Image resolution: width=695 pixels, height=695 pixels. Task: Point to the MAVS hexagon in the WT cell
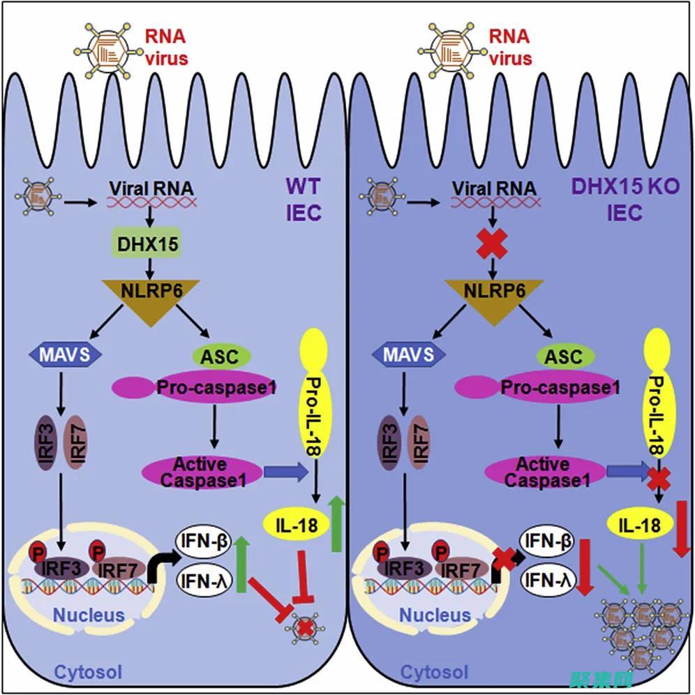(67, 354)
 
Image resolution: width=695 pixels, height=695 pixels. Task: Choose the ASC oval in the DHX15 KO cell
(562, 357)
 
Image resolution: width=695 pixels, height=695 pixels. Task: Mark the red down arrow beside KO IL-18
(681, 529)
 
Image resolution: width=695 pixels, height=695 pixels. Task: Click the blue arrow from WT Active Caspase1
(285, 473)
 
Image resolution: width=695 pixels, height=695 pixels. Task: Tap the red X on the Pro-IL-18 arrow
(657, 478)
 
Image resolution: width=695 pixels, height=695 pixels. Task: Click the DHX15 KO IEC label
(625, 200)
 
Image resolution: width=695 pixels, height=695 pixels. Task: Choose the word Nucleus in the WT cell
(88, 615)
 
